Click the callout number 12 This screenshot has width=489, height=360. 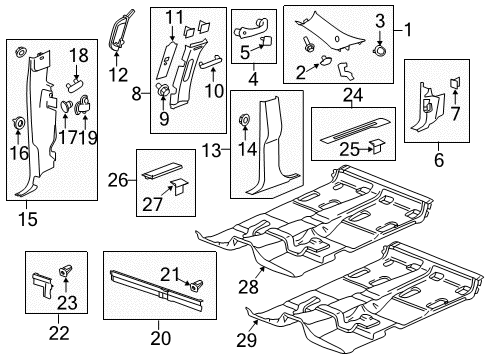[117, 74]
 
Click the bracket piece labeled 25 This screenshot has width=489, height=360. [380, 144]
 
